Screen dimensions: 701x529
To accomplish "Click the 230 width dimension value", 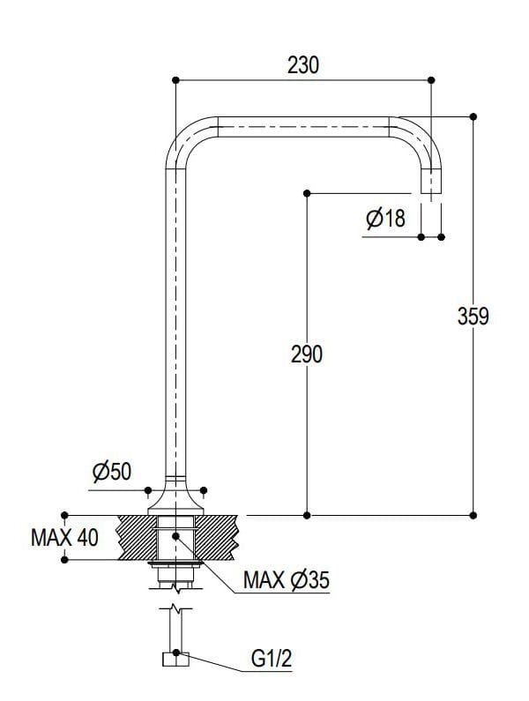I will [302, 65].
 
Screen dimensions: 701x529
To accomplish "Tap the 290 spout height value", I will [307, 354].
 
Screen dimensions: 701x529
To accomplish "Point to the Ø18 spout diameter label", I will [385, 219].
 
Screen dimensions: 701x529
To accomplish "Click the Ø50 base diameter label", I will [111, 472].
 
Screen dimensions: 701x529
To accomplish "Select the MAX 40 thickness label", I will [65, 537].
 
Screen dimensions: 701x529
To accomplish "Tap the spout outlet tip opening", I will [431, 191].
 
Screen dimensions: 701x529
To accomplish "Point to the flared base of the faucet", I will [176, 496].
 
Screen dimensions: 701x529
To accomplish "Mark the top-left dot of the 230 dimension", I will [175, 80].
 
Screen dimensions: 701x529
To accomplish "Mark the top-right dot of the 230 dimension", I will [431, 80].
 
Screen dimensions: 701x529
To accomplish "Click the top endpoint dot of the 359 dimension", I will [473, 116].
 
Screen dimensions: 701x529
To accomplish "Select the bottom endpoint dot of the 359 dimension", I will [473, 514].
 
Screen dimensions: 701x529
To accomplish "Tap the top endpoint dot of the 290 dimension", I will [307, 192].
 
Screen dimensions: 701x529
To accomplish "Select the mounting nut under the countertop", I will [176, 563].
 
